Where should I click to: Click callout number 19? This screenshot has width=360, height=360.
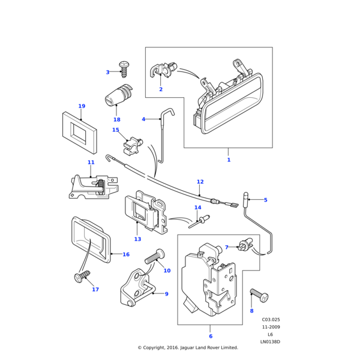coord(82,106)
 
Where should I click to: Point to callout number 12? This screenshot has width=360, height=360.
coord(200,182)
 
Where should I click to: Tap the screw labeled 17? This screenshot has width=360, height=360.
coord(81,277)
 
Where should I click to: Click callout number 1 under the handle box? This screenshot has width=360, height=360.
coord(229,160)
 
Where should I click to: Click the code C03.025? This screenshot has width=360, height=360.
coord(271,320)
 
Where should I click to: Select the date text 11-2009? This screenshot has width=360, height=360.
coord(271,327)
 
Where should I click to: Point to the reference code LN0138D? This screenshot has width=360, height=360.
coord(270,342)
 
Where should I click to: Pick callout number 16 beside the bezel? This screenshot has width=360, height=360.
coord(126,254)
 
